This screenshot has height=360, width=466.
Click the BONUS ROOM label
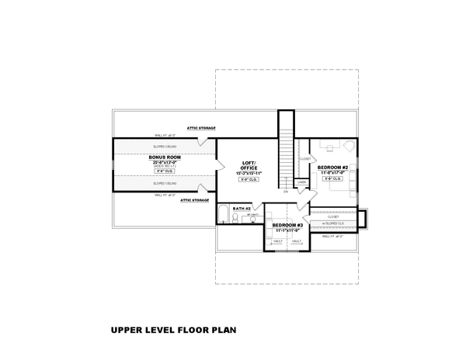(x=165, y=157)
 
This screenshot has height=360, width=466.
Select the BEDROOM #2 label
(x=332, y=167)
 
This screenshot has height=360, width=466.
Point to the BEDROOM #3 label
(x=287, y=225)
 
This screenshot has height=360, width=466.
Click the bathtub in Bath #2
(x=224, y=215)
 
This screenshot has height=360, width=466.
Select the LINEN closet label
(x=301, y=182)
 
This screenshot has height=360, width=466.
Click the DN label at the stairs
(x=286, y=192)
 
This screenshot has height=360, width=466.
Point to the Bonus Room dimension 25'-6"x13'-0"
(x=165, y=161)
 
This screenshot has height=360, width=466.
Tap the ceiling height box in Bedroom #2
(x=332, y=178)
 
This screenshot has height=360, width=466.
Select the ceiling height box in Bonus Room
(x=165, y=171)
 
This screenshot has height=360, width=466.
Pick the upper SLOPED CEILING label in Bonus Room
(x=165, y=145)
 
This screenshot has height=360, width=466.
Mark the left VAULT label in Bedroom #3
(x=278, y=241)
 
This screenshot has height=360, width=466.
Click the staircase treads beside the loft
(x=286, y=147)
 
